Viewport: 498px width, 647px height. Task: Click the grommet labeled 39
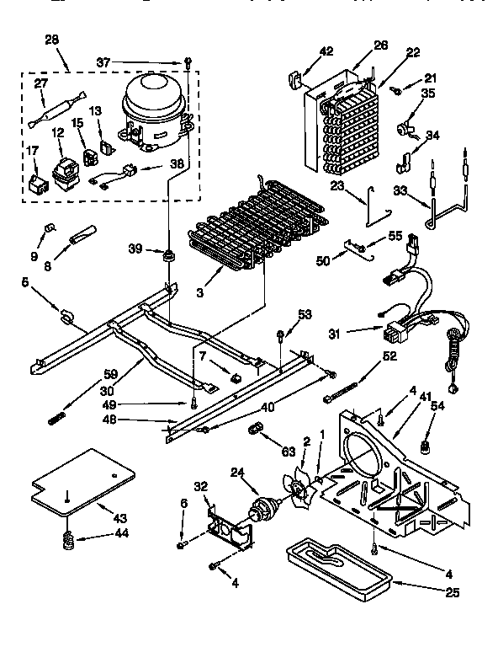coord(169,254)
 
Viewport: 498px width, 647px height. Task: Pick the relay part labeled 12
coord(60,174)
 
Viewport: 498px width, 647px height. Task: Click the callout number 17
coord(33,152)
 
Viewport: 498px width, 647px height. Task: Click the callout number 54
coord(437,407)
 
